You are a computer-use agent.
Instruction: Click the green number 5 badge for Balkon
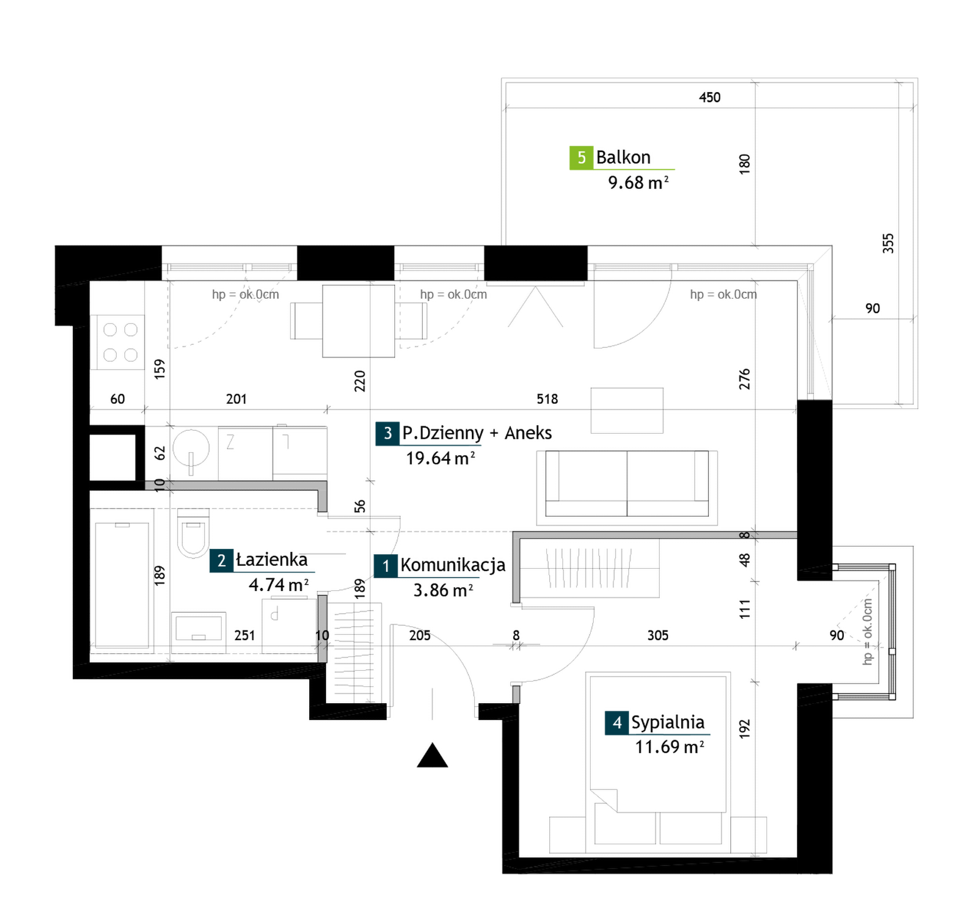[581, 157]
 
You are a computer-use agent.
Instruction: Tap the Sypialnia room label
[667, 722]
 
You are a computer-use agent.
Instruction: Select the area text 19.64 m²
[441, 458]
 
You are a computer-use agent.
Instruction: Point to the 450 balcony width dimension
[709, 97]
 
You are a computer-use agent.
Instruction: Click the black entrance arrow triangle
[432, 756]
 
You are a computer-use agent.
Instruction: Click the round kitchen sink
[190, 448]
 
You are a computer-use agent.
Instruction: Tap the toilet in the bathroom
[193, 533]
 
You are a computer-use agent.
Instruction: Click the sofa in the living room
[627, 484]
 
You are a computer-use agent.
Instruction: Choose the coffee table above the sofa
[627, 410]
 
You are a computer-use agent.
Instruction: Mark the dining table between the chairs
[358, 321]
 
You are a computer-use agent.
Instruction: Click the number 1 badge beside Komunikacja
[386, 566]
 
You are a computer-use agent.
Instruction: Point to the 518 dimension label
[547, 399]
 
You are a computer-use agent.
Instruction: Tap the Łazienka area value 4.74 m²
[278, 585]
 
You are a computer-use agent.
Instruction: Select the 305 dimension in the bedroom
[658, 635]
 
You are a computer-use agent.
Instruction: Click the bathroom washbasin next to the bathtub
[199, 628]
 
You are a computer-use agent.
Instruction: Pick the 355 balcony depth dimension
[888, 243]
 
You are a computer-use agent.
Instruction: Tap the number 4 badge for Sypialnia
[617, 723]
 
